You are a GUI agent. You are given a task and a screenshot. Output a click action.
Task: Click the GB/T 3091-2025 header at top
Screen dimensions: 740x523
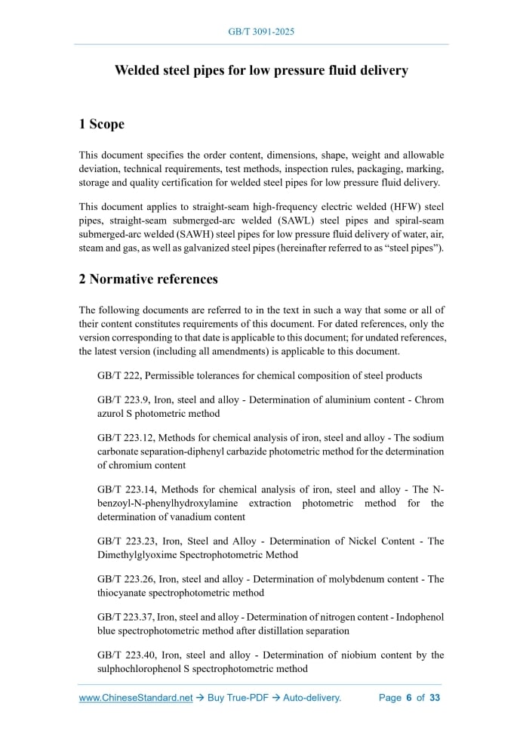[x=261, y=32]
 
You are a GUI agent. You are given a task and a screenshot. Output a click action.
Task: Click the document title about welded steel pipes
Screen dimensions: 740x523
[x=261, y=70]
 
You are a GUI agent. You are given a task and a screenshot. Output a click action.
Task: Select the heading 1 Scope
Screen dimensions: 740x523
[x=102, y=124]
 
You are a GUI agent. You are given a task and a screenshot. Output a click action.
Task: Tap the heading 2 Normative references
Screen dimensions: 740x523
[x=149, y=279]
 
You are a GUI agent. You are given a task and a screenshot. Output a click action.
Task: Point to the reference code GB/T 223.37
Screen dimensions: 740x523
[x=128, y=617]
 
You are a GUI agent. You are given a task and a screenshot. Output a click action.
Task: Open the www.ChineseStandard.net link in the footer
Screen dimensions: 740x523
[x=136, y=698]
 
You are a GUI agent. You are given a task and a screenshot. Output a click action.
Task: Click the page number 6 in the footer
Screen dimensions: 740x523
[x=408, y=698]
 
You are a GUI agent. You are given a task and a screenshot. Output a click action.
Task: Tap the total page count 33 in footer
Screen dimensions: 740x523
[x=435, y=698]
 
